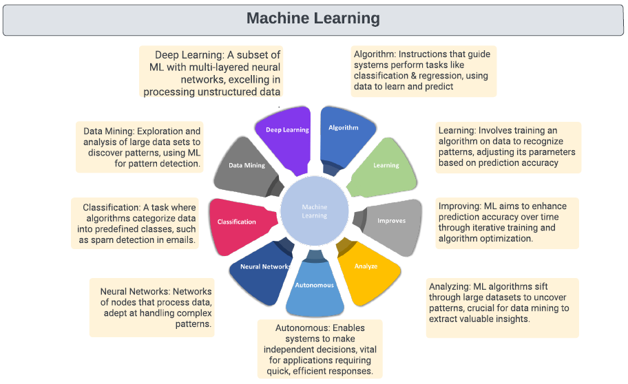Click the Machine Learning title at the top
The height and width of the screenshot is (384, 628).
[x=313, y=18]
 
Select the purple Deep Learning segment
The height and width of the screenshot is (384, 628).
[x=286, y=134]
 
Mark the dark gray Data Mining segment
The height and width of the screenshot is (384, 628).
[x=248, y=169]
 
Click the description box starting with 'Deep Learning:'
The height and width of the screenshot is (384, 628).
[x=211, y=73]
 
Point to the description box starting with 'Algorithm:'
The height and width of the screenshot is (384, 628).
[x=423, y=70]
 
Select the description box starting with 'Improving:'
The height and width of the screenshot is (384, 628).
[x=507, y=222]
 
